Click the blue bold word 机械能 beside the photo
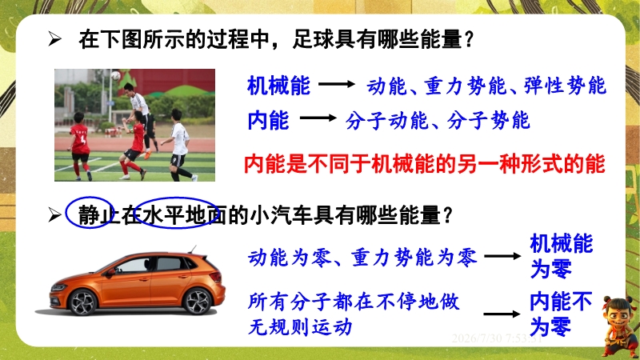tap(278, 86)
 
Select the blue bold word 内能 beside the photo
tap(268, 120)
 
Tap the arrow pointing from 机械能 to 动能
tap(337, 84)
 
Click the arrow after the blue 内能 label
tap(318, 118)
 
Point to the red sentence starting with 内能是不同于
tap(425, 164)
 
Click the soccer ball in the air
tap(116, 75)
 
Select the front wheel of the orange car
tap(83, 302)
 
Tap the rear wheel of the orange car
tap(198, 302)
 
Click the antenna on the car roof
tap(192, 250)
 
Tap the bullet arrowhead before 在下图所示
tap(54, 39)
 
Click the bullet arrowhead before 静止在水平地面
tap(54, 214)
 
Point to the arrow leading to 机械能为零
tap(502, 256)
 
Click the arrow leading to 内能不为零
tap(502, 314)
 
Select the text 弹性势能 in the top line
tap(565, 86)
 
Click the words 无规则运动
tap(300, 327)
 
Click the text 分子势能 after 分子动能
tap(489, 121)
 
